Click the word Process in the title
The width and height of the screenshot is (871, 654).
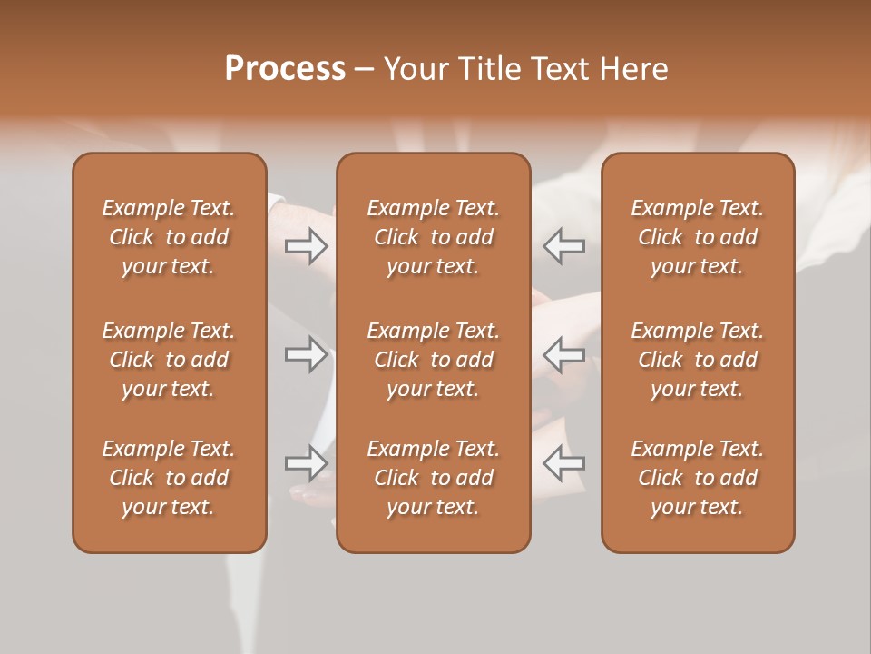tap(285, 69)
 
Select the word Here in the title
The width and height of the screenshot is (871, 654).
tap(632, 69)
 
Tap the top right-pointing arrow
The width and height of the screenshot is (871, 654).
tap(307, 246)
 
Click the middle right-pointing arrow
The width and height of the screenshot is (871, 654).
tap(307, 354)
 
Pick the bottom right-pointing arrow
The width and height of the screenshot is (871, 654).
tap(307, 463)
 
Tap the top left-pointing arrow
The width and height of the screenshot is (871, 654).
tap(563, 246)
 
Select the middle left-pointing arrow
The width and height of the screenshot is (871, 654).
tap(563, 354)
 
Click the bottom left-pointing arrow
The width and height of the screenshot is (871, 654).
tap(563, 463)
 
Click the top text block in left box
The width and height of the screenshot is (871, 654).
tap(169, 237)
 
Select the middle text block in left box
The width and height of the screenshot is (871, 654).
tap(169, 360)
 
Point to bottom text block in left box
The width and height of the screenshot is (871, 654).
tap(169, 478)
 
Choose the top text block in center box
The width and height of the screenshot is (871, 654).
tap(433, 237)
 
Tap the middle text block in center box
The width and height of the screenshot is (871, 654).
tap(433, 360)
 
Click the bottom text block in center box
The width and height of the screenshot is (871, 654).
tap(433, 478)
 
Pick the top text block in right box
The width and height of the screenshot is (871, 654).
tap(697, 237)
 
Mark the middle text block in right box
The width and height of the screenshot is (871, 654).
tap(697, 360)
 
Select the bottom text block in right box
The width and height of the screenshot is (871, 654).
tap(697, 478)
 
